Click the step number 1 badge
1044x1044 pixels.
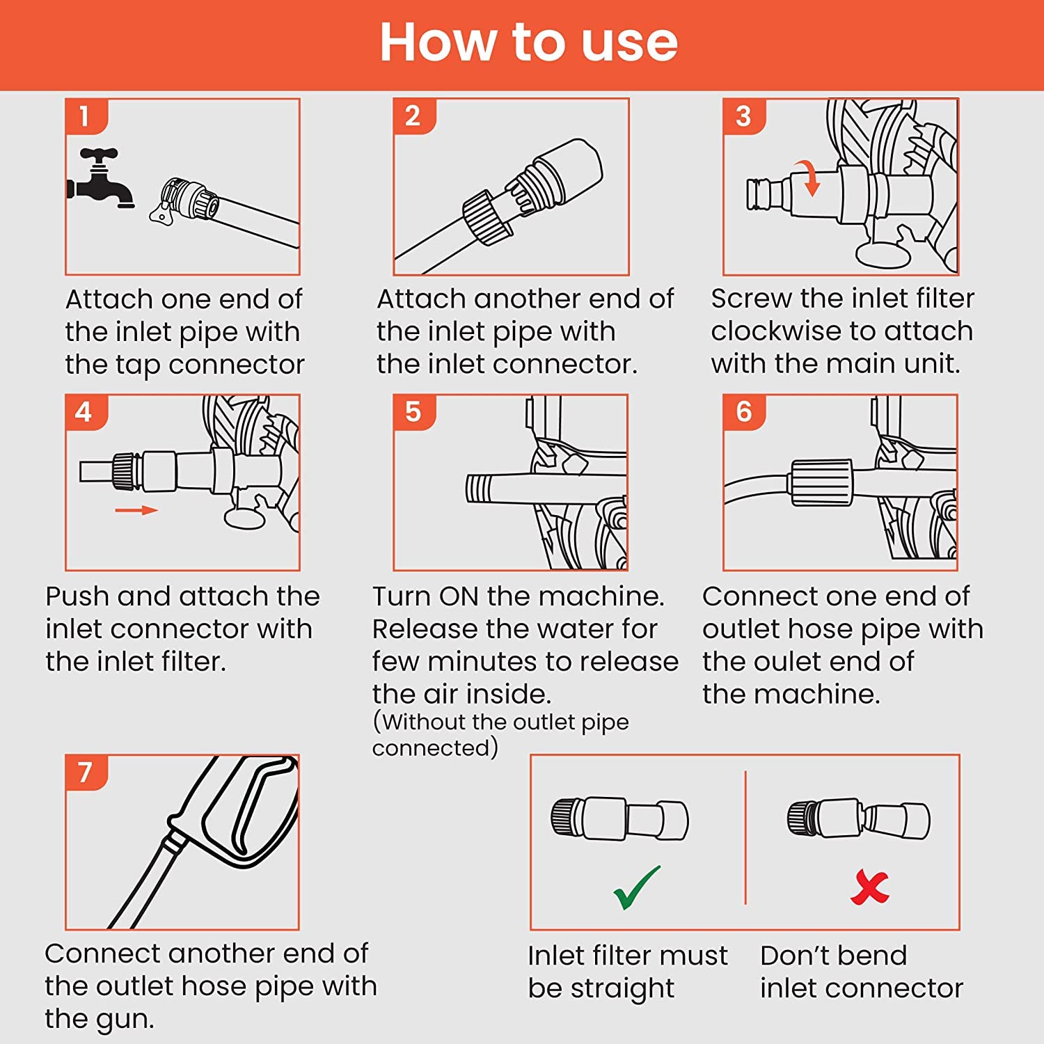pyautogui.click(x=86, y=116)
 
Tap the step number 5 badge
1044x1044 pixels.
pyautogui.click(x=414, y=412)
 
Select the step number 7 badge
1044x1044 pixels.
pyautogui.click(x=86, y=772)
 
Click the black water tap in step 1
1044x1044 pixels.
pyautogui.click(x=100, y=179)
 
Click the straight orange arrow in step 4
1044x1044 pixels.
pyautogui.click(x=136, y=510)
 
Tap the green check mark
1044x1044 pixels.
pyautogui.click(x=636, y=887)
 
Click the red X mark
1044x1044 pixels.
pyautogui.click(x=870, y=887)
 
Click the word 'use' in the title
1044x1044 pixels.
pyautogui.click(x=629, y=43)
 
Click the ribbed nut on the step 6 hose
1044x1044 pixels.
pyautogui.click(x=821, y=482)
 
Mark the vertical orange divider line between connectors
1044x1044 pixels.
pyautogui.click(x=745, y=837)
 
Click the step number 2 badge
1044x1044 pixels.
pyautogui.click(x=414, y=116)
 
